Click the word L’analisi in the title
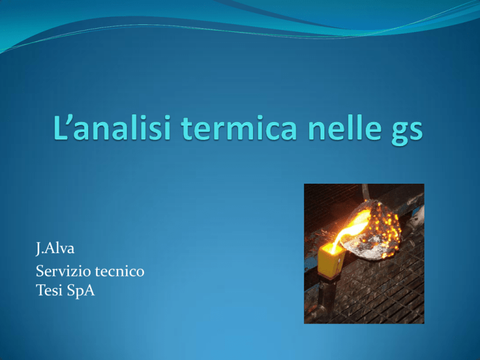click(x=112, y=127)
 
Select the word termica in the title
click(x=239, y=127)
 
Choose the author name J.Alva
click(x=55, y=248)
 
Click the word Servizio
click(x=62, y=271)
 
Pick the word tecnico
click(x=120, y=271)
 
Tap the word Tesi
click(x=48, y=290)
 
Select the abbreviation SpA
click(x=81, y=291)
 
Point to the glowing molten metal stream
click(x=347, y=232)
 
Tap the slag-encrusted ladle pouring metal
click(x=372, y=229)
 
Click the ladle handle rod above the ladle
click(x=365, y=192)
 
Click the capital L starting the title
click(x=60, y=127)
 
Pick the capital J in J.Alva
click(x=38, y=249)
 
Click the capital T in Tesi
click(x=41, y=290)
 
